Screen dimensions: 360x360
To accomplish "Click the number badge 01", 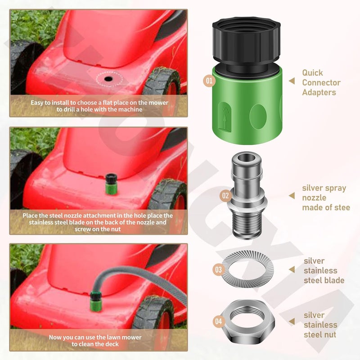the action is [x=209, y=81].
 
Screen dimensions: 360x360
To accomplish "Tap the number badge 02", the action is [x=225, y=196].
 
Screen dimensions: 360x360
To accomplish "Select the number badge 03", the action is [x=219, y=270].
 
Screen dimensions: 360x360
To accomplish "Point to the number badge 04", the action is [x=219, y=321].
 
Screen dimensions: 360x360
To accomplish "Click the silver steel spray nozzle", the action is [x=247, y=195].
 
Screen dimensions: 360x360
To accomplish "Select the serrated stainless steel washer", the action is [x=247, y=268].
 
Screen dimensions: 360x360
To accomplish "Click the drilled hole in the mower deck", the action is [x=108, y=79].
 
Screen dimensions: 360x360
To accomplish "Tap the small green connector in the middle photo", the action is [x=111, y=184].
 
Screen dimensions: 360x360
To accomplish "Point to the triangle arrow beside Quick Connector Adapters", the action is [x=292, y=81].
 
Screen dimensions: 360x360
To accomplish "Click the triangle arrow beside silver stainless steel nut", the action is [x=292, y=321].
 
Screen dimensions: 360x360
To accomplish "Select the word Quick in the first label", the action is [x=312, y=73].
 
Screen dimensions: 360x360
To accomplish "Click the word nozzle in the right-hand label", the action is [x=314, y=198].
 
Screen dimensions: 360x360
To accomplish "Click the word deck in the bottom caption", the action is [x=112, y=344].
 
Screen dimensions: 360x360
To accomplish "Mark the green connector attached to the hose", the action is [x=96, y=301].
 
